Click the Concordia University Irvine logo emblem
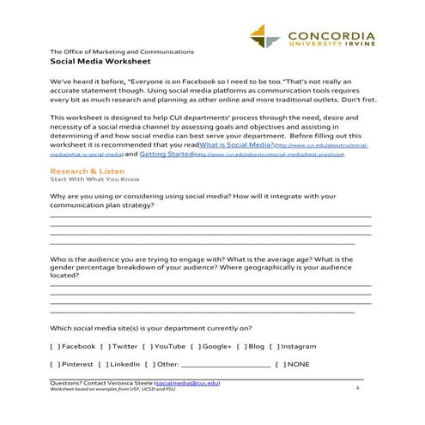[266, 37]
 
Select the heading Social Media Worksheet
[101, 64]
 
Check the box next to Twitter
[104, 346]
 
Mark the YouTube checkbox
[146, 346]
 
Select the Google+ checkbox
[195, 346]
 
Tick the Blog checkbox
[240, 346]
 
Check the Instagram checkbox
[274, 346]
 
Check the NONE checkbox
[279, 365]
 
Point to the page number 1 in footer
[356, 388]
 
